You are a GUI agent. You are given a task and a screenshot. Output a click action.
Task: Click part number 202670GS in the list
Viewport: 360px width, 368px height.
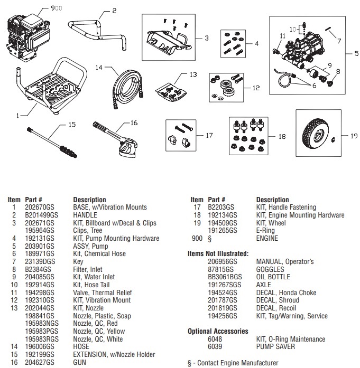38,207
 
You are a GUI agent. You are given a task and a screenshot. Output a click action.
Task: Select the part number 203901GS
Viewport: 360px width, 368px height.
38,246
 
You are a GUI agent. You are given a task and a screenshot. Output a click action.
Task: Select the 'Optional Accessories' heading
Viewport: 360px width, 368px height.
218,331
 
